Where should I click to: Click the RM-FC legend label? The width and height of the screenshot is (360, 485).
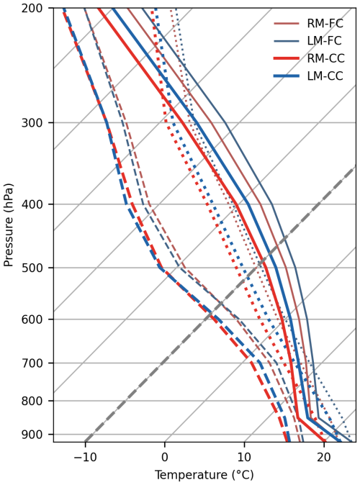coord(325,23)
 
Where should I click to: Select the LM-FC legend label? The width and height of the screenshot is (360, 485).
coord(325,41)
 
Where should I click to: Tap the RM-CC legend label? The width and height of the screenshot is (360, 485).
coord(325,58)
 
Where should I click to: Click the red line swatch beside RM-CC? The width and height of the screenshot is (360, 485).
coord(286,58)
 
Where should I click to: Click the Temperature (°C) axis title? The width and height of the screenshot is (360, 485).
coord(204,475)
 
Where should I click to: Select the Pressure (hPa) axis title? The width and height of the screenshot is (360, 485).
coord(9,225)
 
